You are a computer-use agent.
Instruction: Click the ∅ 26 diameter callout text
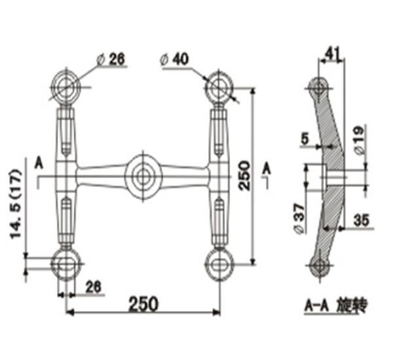111,60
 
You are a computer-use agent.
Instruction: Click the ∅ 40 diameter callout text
174,60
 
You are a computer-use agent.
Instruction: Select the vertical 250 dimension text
244,175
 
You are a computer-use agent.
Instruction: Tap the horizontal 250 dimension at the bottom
143,304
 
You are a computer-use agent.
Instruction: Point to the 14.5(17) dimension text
16,204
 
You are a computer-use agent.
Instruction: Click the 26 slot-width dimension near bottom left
93,287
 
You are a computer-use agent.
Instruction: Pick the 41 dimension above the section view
333,53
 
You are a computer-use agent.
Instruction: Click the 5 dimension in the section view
305,139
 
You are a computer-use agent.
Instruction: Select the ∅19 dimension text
359,140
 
